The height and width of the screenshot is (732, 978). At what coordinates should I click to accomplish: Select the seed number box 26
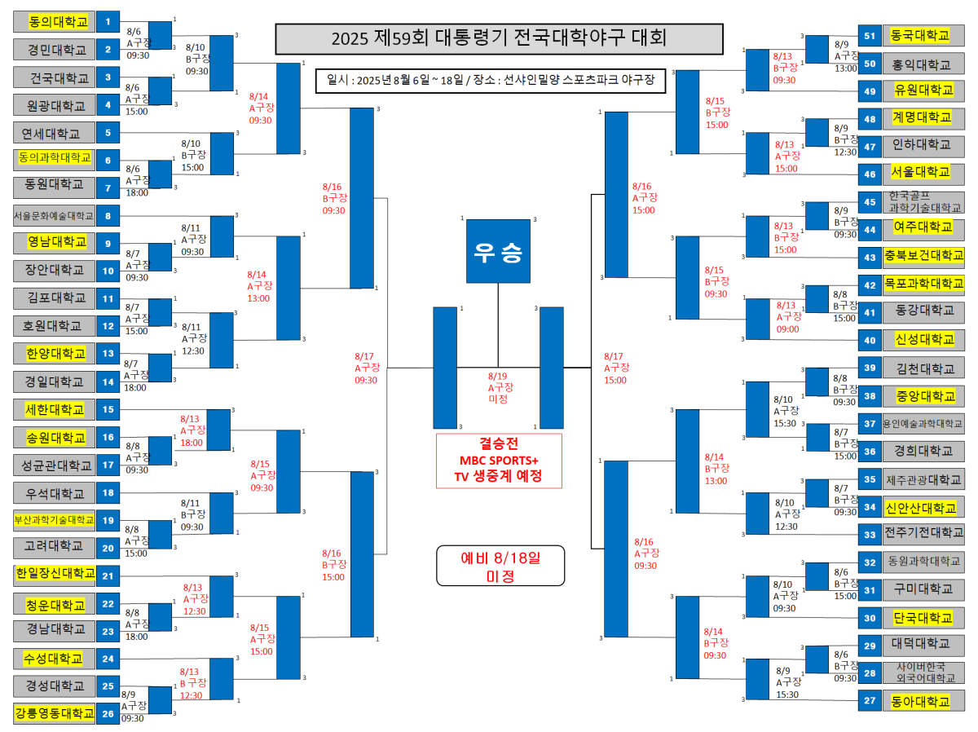click(x=108, y=713)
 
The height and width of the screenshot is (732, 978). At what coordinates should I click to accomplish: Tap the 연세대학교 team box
click(x=55, y=133)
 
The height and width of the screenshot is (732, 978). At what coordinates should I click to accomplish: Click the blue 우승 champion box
click(x=498, y=252)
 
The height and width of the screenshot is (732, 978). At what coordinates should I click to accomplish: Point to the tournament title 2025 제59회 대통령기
click(x=499, y=38)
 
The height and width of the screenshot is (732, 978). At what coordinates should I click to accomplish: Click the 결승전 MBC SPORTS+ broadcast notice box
click(x=499, y=461)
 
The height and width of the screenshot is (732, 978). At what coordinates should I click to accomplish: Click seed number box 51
click(x=870, y=36)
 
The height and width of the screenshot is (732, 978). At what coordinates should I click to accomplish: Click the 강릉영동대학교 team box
click(x=55, y=713)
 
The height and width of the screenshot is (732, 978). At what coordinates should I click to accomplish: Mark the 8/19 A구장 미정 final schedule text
click(x=499, y=387)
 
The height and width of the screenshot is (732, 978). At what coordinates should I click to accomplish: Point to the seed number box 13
click(x=108, y=354)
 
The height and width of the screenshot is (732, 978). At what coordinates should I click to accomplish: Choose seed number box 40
click(x=870, y=339)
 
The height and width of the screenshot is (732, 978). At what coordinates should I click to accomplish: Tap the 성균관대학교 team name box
click(x=55, y=465)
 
